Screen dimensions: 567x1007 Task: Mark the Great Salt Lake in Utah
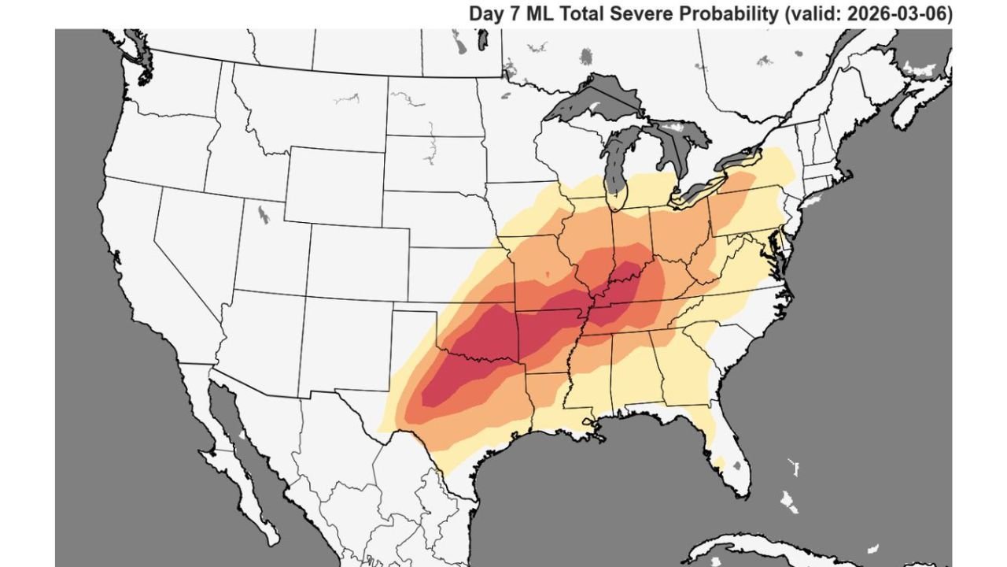click(x=261, y=213)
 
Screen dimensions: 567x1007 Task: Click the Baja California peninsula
click(x=236, y=457)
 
